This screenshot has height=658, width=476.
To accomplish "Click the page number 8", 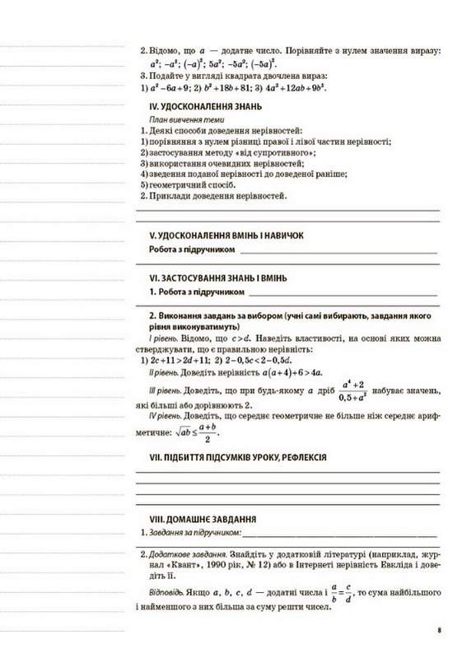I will (440, 632).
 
